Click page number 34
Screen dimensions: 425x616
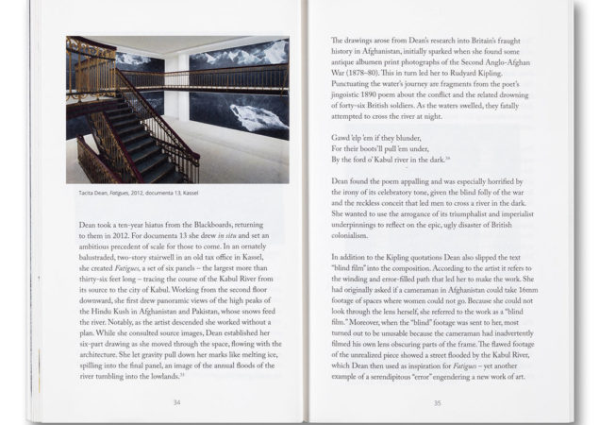pyautogui.click(x=176, y=401)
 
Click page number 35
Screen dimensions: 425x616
pyautogui.click(x=437, y=402)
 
